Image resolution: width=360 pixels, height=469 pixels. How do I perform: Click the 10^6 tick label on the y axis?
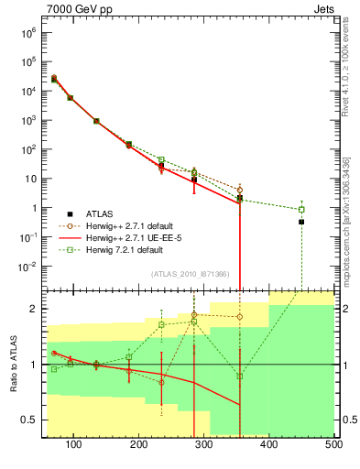(x=28, y=32)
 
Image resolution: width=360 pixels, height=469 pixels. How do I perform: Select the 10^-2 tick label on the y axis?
(x=27, y=267)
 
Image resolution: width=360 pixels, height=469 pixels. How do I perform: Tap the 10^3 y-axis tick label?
(x=28, y=120)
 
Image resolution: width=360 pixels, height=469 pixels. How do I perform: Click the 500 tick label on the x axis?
(x=333, y=445)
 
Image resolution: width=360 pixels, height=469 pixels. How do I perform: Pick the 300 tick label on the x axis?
(x=204, y=445)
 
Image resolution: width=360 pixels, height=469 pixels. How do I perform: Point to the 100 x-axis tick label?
(x=74, y=445)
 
